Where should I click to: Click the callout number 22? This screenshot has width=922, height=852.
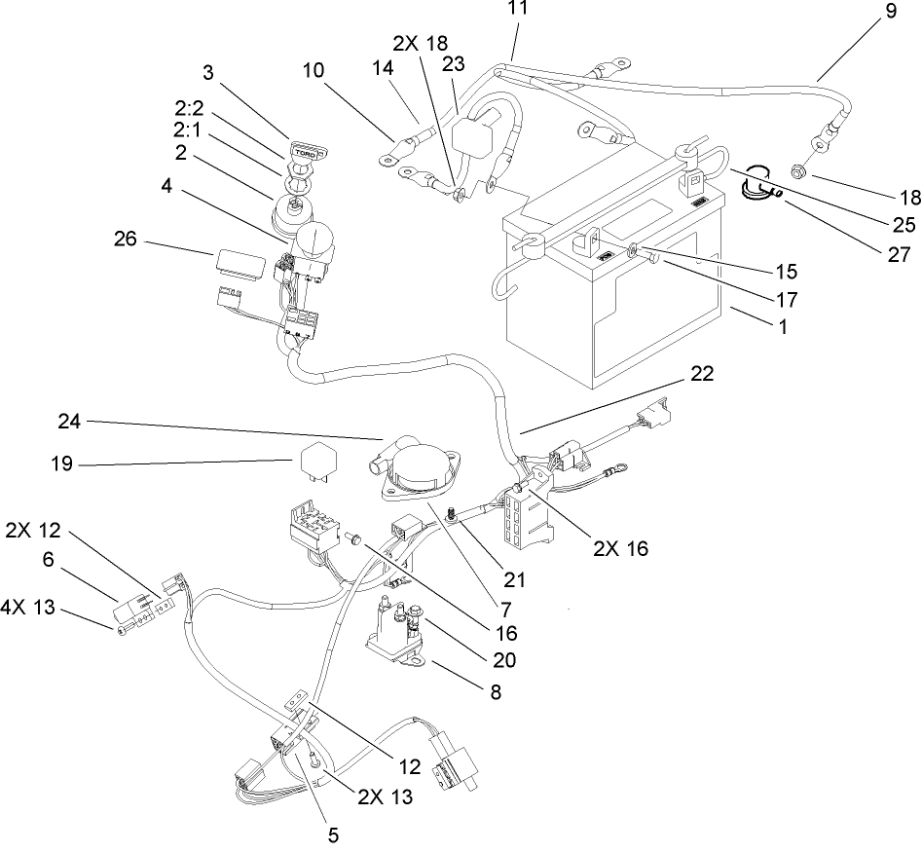coord(702,375)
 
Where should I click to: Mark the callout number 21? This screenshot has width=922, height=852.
coord(514,580)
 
